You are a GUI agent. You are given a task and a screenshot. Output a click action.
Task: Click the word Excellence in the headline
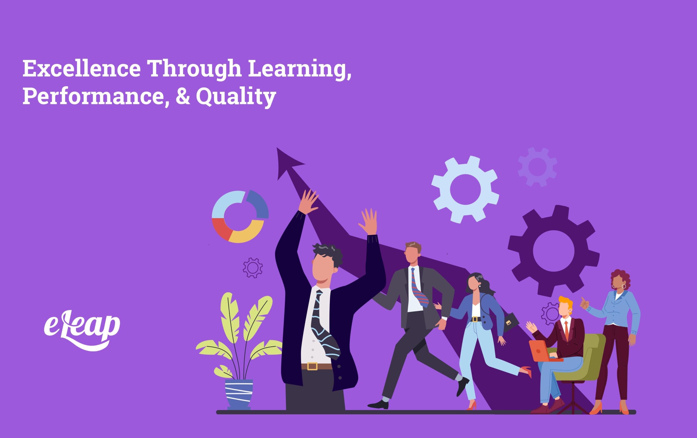point(82,69)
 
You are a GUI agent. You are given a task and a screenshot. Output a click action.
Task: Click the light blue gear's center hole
point(465,190)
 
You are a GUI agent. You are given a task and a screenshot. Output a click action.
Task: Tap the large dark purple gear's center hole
point(554,251)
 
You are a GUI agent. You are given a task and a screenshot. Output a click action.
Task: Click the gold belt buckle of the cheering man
point(312,366)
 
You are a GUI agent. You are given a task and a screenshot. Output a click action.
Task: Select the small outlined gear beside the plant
point(253,268)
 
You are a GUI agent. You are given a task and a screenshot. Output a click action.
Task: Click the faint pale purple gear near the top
point(537,166)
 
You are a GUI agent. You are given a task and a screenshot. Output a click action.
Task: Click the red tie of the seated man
point(567,330)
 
